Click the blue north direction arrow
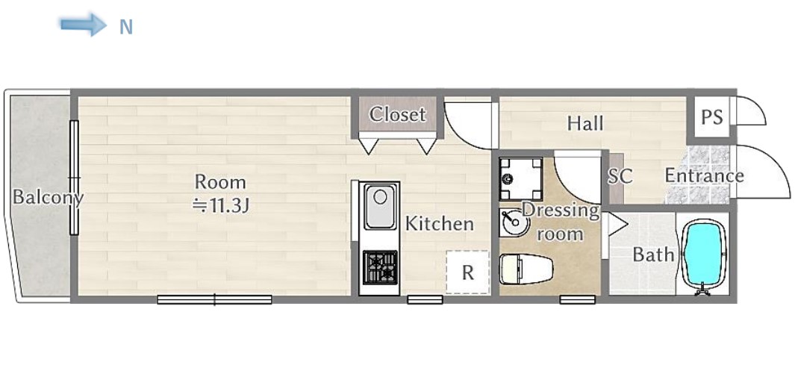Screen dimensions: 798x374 pyautogui.click(x=83, y=25)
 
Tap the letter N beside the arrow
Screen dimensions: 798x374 pyautogui.click(x=125, y=27)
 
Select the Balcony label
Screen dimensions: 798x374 pyautogui.click(x=47, y=197)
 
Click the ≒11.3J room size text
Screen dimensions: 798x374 pyautogui.click(x=220, y=205)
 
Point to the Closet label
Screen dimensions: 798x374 pyautogui.click(x=397, y=114)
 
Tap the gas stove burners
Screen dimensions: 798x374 pyautogui.click(x=380, y=267)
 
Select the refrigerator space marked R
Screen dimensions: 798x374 pyautogui.click(x=467, y=272)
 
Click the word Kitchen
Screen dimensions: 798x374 pyautogui.click(x=439, y=224)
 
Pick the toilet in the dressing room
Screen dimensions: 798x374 pyautogui.click(x=526, y=269)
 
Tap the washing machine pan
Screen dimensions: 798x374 pyautogui.click(x=520, y=178)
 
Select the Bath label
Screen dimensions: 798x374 pyautogui.click(x=653, y=255)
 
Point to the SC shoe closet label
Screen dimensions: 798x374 pyautogui.click(x=620, y=176)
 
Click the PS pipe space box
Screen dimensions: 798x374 pyautogui.click(x=711, y=117)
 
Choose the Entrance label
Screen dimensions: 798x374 pyautogui.click(x=705, y=176)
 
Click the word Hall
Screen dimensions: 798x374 pyautogui.click(x=585, y=124)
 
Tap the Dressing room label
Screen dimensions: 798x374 pyautogui.click(x=561, y=222)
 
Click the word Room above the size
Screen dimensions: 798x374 pyautogui.click(x=220, y=181)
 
